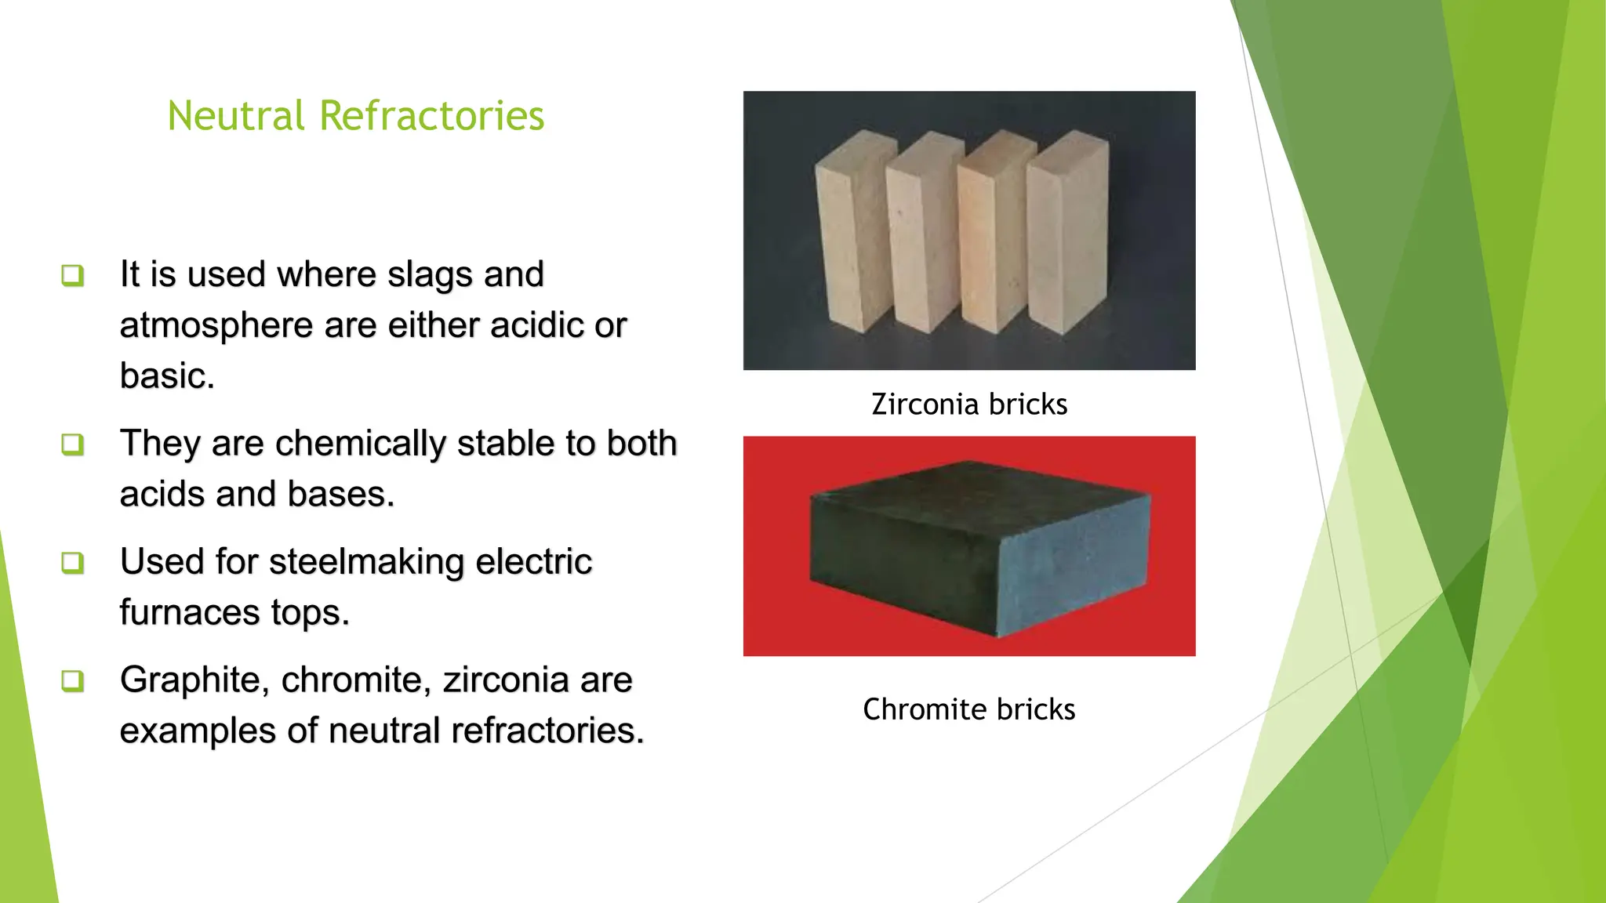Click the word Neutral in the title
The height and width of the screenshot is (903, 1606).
(x=235, y=116)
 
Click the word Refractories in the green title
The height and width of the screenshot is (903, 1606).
(x=431, y=116)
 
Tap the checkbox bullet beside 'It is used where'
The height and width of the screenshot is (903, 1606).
(x=72, y=275)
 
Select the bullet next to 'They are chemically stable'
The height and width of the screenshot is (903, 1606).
(x=72, y=444)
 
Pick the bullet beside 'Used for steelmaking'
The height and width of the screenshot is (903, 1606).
(x=72, y=562)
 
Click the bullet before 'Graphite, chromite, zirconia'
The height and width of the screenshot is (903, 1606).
(x=72, y=680)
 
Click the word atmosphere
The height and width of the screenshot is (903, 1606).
(x=216, y=325)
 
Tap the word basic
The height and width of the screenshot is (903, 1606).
(x=166, y=376)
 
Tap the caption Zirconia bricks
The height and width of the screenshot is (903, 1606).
(x=969, y=404)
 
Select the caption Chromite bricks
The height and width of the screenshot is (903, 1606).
(x=968, y=709)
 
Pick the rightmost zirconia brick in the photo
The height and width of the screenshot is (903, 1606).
(x=1068, y=231)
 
